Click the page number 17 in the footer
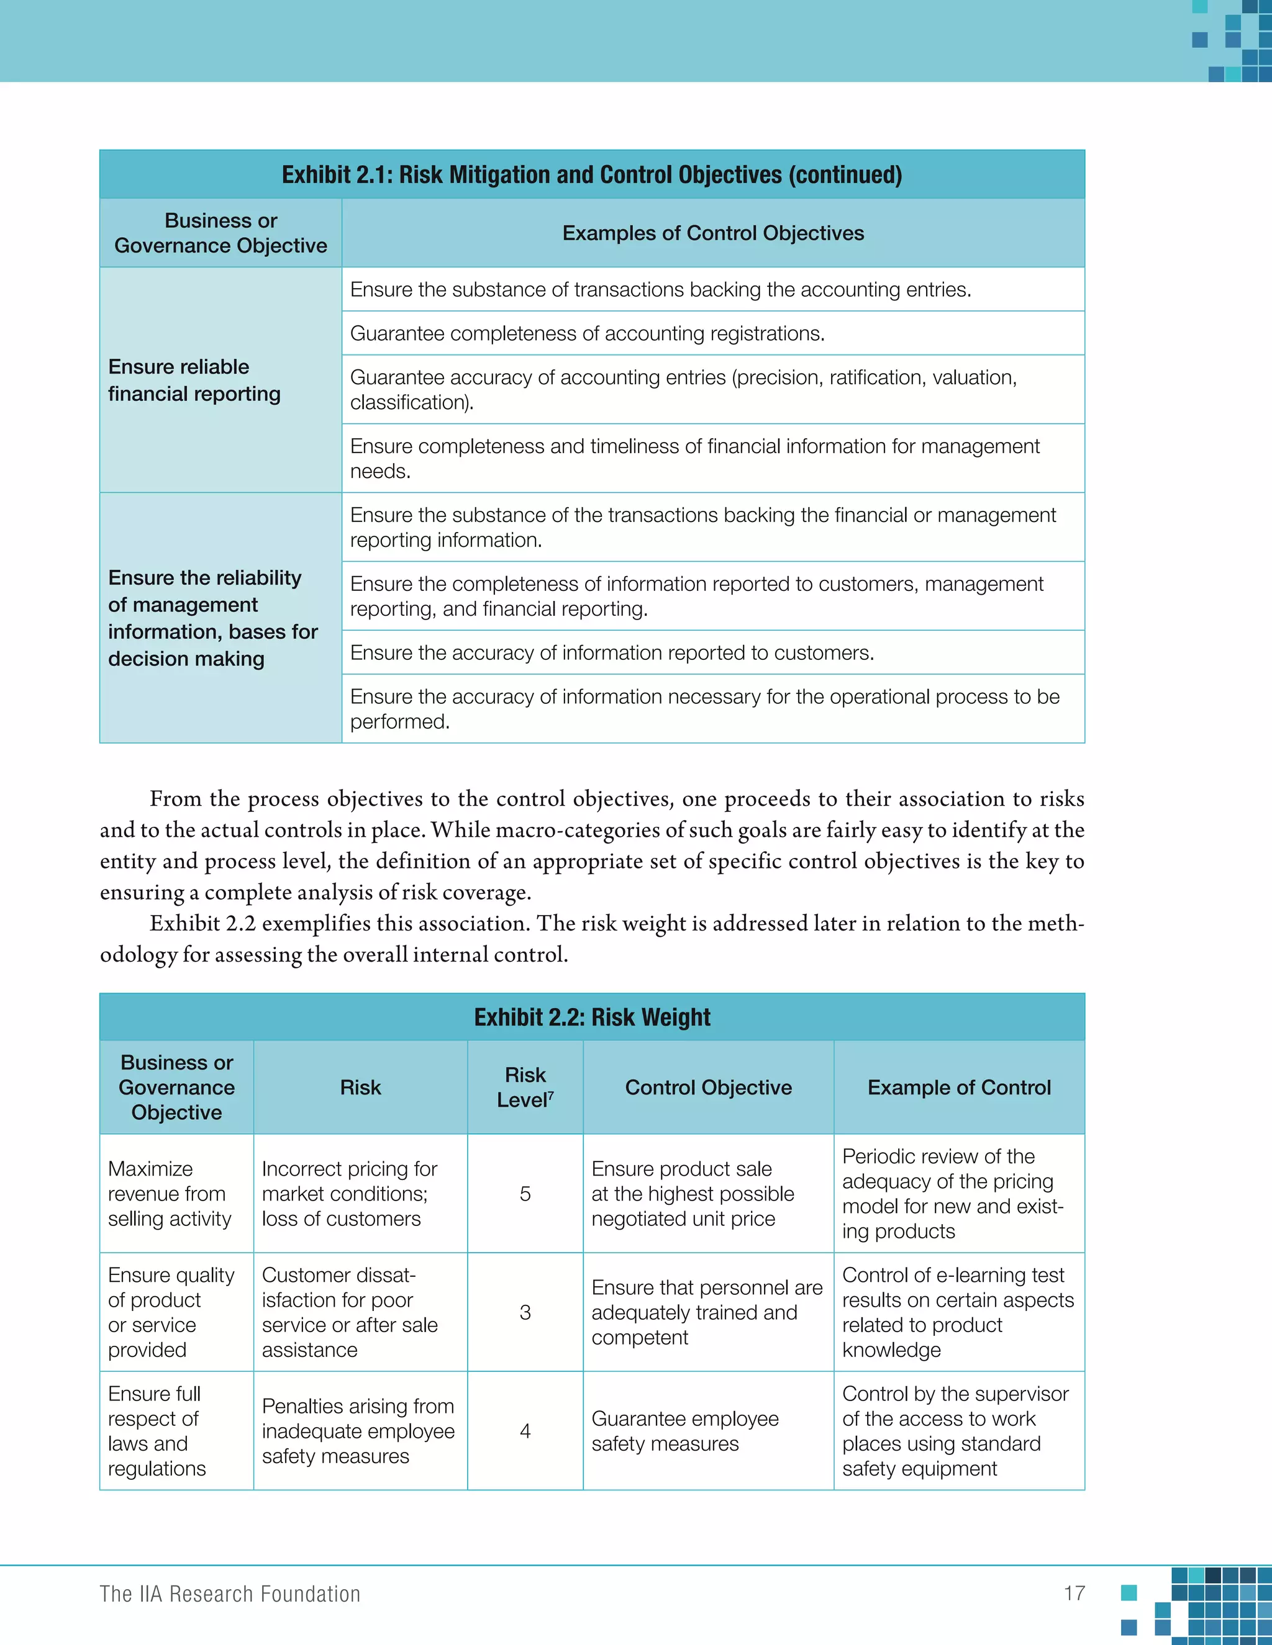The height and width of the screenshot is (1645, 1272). click(1074, 1593)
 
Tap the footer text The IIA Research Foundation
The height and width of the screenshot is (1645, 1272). click(230, 1593)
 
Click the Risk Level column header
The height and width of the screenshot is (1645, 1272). click(525, 1087)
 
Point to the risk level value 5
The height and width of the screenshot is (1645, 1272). click(525, 1194)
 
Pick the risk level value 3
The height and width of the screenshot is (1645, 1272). click(525, 1312)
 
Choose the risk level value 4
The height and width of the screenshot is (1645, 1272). click(525, 1431)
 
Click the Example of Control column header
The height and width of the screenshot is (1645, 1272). click(958, 1087)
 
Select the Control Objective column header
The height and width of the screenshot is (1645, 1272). click(708, 1087)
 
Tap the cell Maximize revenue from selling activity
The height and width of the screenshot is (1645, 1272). click(170, 1194)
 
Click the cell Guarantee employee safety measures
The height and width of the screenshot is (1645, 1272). click(684, 1431)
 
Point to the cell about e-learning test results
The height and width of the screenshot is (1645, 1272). click(957, 1312)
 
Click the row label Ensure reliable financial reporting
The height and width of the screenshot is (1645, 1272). click(194, 381)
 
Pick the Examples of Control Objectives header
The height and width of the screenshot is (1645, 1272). click(713, 233)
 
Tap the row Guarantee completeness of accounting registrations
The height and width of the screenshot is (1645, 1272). click(587, 333)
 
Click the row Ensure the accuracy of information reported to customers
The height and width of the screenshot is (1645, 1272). click(612, 652)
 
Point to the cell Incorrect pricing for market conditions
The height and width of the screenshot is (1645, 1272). click(349, 1194)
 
